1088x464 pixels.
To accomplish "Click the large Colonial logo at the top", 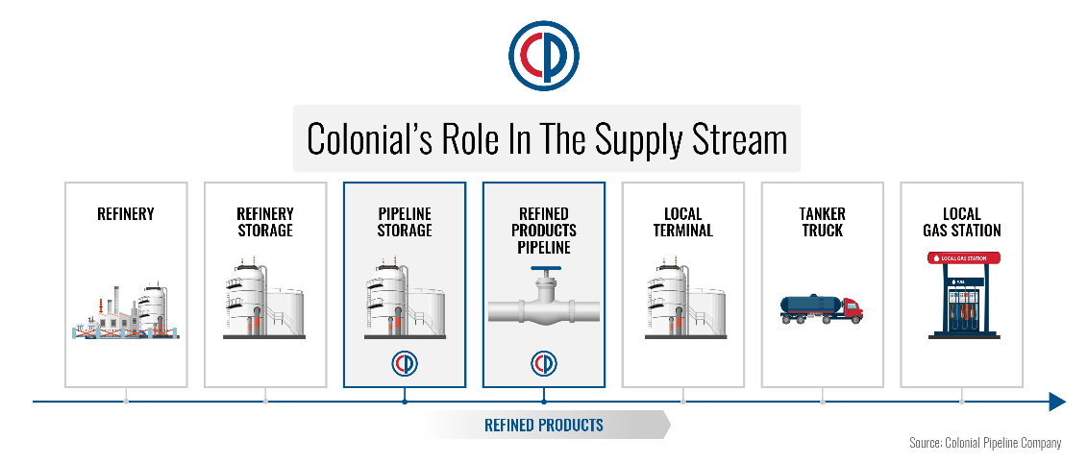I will tap(543, 57).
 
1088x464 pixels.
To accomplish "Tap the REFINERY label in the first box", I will tap(126, 214).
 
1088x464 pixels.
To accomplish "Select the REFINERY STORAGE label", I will tap(265, 222).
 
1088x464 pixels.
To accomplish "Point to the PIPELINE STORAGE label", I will tap(405, 222).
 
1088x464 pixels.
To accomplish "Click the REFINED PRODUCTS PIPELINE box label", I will tap(544, 231).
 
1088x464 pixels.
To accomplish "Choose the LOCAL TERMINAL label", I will tap(683, 222).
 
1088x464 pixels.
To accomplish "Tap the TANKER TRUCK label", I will tap(823, 222).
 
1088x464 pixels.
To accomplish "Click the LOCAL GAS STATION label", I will tap(962, 222).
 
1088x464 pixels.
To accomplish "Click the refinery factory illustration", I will tap(126, 311).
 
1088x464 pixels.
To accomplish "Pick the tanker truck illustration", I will tap(822, 308).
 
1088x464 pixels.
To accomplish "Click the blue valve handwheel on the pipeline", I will tap(544, 272).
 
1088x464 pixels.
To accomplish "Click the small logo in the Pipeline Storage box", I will tap(405, 364).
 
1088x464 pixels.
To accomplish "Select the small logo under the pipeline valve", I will tap(544, 364).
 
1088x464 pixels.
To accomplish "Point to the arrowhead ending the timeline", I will tap(1056, 401).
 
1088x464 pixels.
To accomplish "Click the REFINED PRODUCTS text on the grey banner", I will tap(544, 425).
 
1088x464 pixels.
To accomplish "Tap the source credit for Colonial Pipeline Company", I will tap(985, 443).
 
